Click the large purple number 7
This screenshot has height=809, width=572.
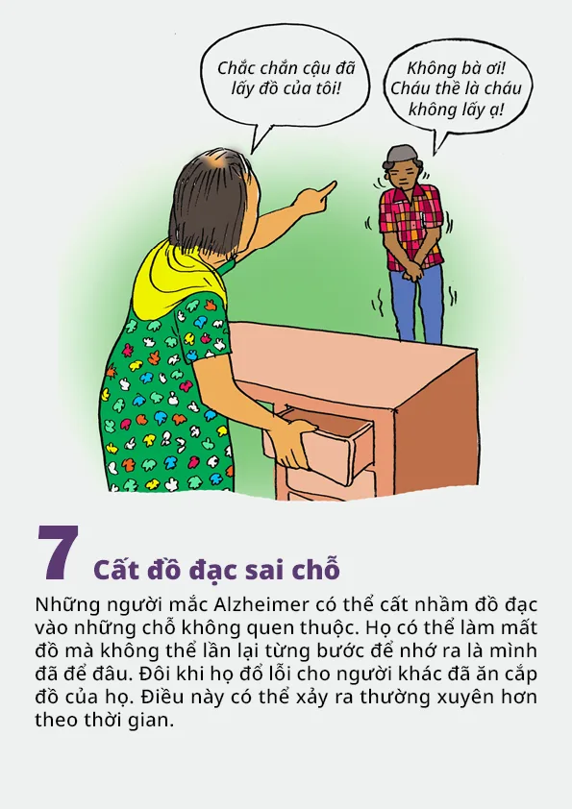pos(58,552)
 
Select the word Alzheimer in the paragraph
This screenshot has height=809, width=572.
pos(261,604)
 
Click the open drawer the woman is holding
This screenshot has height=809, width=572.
pos(319,444)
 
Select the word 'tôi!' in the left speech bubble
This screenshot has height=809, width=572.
pos(326,88)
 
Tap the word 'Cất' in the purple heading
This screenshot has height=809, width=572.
pos(114,569)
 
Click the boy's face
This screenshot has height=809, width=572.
pos(403,176)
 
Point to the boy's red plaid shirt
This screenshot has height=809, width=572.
pos(410,227)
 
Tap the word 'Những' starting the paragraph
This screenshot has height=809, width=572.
pos(61,604)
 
